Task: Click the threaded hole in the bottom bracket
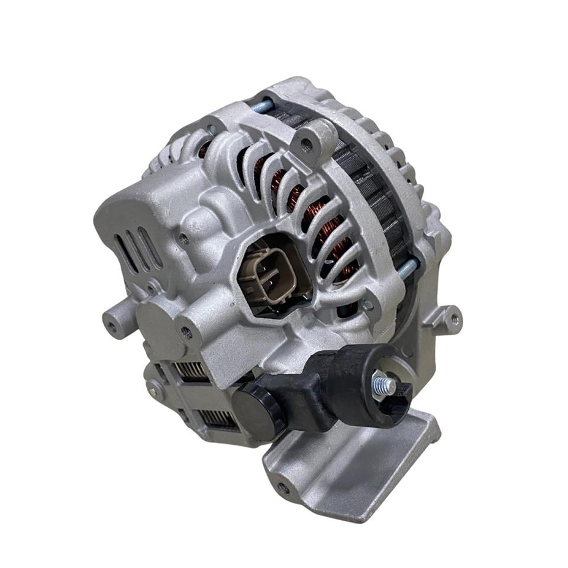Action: [283, 488]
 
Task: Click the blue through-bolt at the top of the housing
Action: [262, 106]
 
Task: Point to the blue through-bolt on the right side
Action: [408, 268]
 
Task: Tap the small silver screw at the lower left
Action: [155, 390]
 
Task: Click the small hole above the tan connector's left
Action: [184, 239]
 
